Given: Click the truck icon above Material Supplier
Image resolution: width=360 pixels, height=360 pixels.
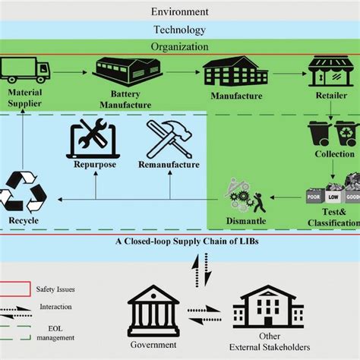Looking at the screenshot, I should [x=26, y=71].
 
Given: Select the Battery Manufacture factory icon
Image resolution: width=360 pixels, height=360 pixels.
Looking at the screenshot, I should [x=125, y=71].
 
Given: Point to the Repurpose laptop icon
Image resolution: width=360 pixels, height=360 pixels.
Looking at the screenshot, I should [x=93, y=138].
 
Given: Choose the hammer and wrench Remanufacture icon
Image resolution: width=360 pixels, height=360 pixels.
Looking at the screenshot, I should [x=168, y=137].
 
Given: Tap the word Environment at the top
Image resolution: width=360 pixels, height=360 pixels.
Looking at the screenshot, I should [x=179, y=12].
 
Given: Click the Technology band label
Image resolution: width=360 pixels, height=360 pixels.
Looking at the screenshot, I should [x=179, y=30].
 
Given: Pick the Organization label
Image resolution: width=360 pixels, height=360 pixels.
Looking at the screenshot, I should [x=179, y=46].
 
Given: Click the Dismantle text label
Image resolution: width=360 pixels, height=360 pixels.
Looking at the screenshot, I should [x=246, y=220].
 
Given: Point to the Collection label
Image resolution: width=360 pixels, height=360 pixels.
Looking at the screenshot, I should [x=334, y=154].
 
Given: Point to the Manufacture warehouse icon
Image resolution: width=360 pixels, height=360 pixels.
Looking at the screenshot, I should [x=234, y=73].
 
